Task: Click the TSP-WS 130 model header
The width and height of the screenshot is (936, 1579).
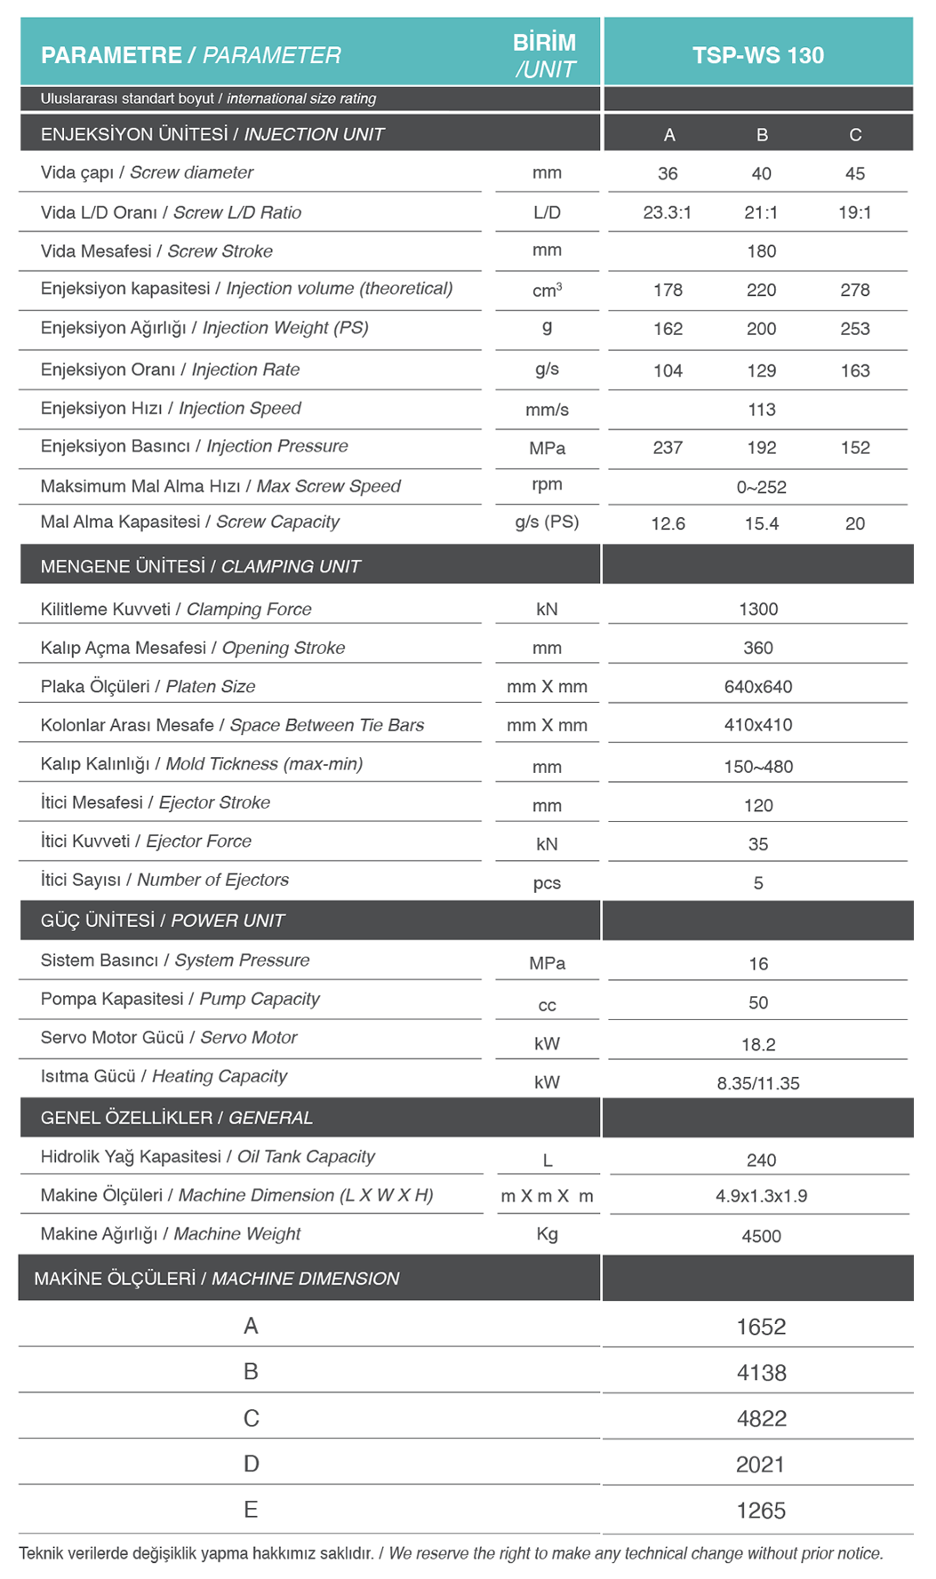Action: click(757, 55)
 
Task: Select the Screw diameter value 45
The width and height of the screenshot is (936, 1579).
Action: click(854, 173)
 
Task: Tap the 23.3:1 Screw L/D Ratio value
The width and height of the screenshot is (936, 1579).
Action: click(667, 212)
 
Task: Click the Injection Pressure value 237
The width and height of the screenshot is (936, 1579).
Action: click(668, 448)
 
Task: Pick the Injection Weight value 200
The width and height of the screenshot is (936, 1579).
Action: click(761, 329)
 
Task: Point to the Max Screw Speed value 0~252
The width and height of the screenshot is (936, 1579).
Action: click(761, 487)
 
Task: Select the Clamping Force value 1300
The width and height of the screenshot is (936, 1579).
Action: click(757, 609)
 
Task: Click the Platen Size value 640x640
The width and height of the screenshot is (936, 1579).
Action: click(757, 687)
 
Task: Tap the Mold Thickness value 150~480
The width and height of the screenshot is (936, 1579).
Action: click(757, 766)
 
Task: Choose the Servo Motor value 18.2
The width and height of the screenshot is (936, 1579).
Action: click(757, 1044)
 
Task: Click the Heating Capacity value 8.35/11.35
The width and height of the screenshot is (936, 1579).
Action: click(757, 1083)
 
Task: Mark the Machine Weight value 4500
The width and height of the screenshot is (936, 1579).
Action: click(761, 1236)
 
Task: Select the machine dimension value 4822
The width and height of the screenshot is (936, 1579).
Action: click(761, 1418)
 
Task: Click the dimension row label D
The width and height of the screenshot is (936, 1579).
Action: click(252, 1463)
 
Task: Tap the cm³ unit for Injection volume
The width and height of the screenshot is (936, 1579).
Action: click(547, 290)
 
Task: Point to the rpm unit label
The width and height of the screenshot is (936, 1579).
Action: click(547, 484)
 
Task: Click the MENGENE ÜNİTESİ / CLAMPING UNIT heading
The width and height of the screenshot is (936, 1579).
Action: click(201, 566)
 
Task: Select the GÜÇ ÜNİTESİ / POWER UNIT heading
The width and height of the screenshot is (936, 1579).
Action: click(163, 921)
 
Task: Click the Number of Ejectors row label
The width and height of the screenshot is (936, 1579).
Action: click(164, 880)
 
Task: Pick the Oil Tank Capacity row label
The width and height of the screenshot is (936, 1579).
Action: click(207, 1156)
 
